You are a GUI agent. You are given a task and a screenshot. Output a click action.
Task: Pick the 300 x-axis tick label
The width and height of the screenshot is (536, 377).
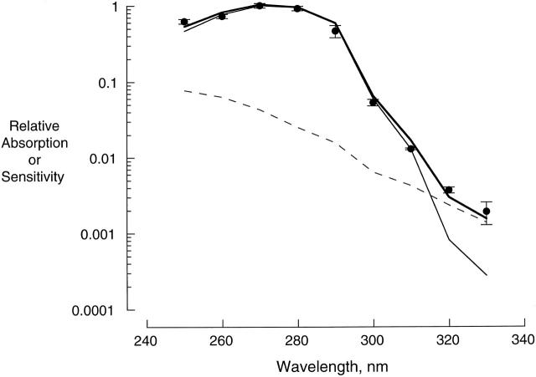[x=373, y=340]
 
